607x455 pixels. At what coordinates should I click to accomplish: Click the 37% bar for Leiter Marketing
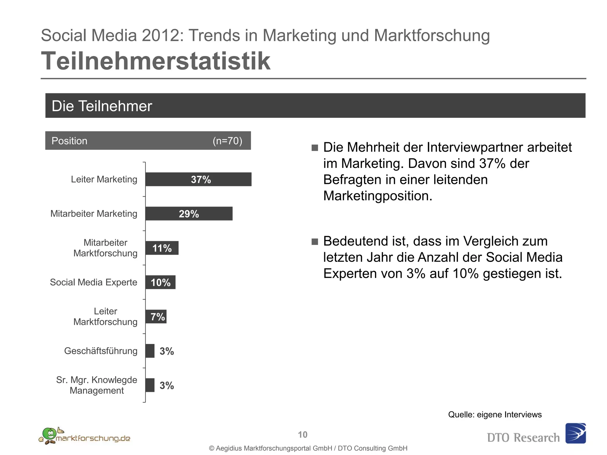click(198, 179)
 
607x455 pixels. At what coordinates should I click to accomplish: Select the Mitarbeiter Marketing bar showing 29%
click(189, 214)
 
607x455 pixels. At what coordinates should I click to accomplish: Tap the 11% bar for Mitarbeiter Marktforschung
click(162, 248)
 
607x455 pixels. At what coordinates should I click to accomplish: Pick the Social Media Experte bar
click(160, 282)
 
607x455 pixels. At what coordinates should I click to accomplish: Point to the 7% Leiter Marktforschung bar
click(156, 317)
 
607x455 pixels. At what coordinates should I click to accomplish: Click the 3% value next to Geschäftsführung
click(167, 351)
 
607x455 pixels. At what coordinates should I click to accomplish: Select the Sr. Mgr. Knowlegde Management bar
click(150, 385)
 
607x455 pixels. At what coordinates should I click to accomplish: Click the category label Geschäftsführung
click(101, 351)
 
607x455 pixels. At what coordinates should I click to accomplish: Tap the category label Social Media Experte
click(93, 282)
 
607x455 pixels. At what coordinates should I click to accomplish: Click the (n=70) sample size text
click(227, 141)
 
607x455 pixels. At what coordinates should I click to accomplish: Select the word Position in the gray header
click(69, 141)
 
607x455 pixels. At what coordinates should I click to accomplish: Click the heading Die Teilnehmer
click(102, 106)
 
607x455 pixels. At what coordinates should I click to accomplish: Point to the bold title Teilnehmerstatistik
click(156, 61)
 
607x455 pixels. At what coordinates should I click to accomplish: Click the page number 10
click(303, 435)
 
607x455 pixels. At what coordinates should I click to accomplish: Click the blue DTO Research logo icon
click(575, 433)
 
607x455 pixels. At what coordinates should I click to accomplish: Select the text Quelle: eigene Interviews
click(495, 414)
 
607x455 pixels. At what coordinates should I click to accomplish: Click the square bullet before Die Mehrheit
click(315, 148)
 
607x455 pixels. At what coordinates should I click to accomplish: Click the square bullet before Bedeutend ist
click(315, 241)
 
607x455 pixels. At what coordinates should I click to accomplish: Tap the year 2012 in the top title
click(160, 35)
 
